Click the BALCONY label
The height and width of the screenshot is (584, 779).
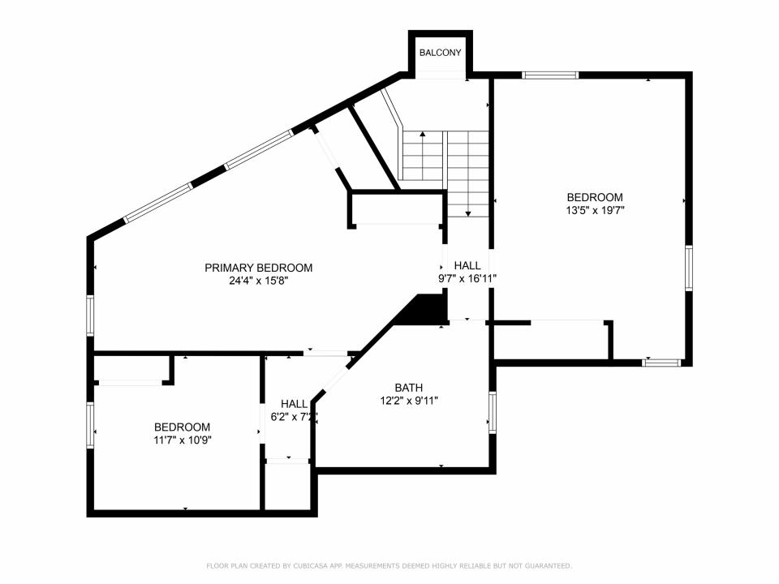pyautogui.click(x=440, y=53)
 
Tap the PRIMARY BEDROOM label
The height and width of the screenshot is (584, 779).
pyautogui.click(x=258, y=268)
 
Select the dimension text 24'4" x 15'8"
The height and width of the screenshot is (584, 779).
pyautogui.click(x=258, y=281)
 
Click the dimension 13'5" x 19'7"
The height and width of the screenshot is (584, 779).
pyautogui.click(x=595, y=210)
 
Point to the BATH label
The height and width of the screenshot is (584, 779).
pyautogui.click(x=409, y=388)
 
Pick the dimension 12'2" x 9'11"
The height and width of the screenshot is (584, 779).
pyautogui.click(x=409, y=400)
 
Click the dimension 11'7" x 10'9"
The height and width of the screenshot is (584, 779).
pyautogui.click(x=183, y=440)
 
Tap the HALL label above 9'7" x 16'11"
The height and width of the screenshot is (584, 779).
pyautogui.click(x=467, y=266)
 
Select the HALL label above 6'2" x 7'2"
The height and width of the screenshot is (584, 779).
pyautogui.click(x=294, y=404)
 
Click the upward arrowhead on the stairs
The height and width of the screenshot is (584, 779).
pyautogui.click(x=422, y=134)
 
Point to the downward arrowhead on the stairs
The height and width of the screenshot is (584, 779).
pyautogui.click(x=468, y=213)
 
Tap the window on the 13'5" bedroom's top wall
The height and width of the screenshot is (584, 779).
pyautogui.click(x=550, y=75)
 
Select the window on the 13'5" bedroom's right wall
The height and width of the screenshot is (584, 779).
pyautogui.click(x=689, y=268)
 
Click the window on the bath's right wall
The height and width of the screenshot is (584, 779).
pyautogui.click(x=493, y=412)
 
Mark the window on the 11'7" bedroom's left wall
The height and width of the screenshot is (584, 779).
pyautogui.click(x=90, y=425)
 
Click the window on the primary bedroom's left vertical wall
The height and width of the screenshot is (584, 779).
pyautogui.click(x=90, y=316)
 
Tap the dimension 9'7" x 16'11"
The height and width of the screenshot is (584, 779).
pyautogui.click(x=467, y=278)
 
